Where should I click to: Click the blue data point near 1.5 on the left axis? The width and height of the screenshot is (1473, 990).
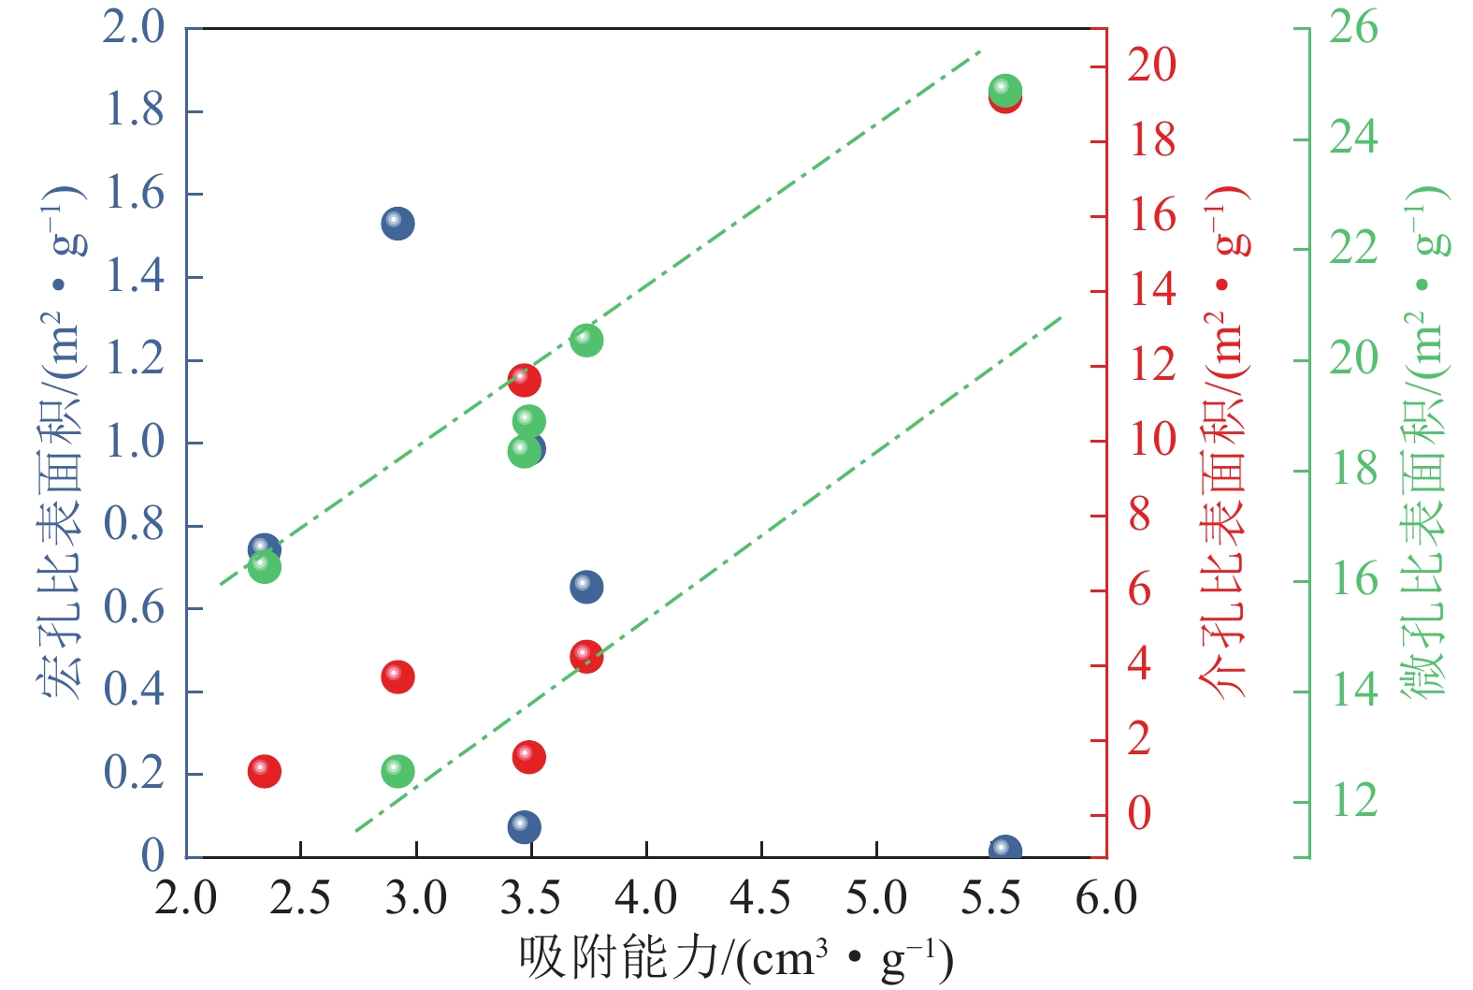point(397,224)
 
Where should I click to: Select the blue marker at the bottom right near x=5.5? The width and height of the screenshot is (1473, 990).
point(1004,851)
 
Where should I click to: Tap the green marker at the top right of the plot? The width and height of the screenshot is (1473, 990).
point(1004,90)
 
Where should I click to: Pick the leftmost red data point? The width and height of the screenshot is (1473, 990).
point(265,771)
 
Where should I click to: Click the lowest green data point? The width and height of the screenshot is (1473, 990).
point(397,771)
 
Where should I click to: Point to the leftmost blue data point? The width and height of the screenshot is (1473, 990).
point(264,548)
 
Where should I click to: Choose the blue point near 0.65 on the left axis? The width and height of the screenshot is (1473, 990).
point(586,587)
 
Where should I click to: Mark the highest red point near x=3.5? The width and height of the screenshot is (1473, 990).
point(524,379)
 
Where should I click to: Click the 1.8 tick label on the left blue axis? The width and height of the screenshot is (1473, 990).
point(133,110)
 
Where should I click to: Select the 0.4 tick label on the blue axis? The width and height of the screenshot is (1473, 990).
point(133,691)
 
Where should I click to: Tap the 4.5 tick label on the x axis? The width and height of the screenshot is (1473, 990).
point(761,899)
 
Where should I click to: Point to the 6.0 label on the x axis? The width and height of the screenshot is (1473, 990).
point(1105,899)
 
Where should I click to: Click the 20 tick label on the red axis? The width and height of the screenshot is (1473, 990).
point(1151,66)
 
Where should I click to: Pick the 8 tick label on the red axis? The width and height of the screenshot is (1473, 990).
point(1139,515)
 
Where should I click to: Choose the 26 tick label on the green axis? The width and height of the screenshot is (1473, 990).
point(1353,27)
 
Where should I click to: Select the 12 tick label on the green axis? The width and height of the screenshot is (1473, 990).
point(1353,801)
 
